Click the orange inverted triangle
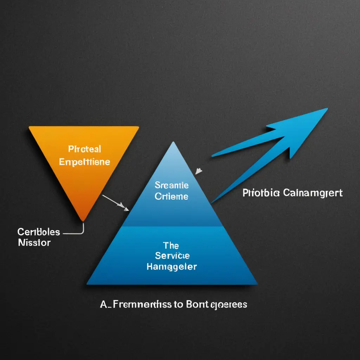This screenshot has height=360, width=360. pos(84,165)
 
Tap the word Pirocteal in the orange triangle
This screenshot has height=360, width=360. pos(85,149)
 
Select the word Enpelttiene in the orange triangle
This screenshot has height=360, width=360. pos(84,162)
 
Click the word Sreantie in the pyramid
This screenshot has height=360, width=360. pos(172,185)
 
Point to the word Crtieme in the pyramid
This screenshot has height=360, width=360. pos(172,197)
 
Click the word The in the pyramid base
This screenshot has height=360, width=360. pos(171,245)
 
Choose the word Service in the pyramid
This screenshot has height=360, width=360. pos(171,256)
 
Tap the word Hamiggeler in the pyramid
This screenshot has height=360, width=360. pos(171,266)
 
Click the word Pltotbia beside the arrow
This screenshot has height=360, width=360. pos(261,193)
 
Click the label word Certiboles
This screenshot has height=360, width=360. pos(39,232)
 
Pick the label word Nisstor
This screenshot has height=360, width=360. pos(34,243)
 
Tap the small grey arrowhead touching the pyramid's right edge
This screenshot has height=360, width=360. pos(199,171)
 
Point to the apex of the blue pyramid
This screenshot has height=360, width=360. pos(172,142)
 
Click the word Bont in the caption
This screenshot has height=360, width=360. pos(194,304)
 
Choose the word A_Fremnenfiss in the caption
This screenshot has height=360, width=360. pos(135,304)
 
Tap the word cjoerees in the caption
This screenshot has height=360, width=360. pos(227,305)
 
